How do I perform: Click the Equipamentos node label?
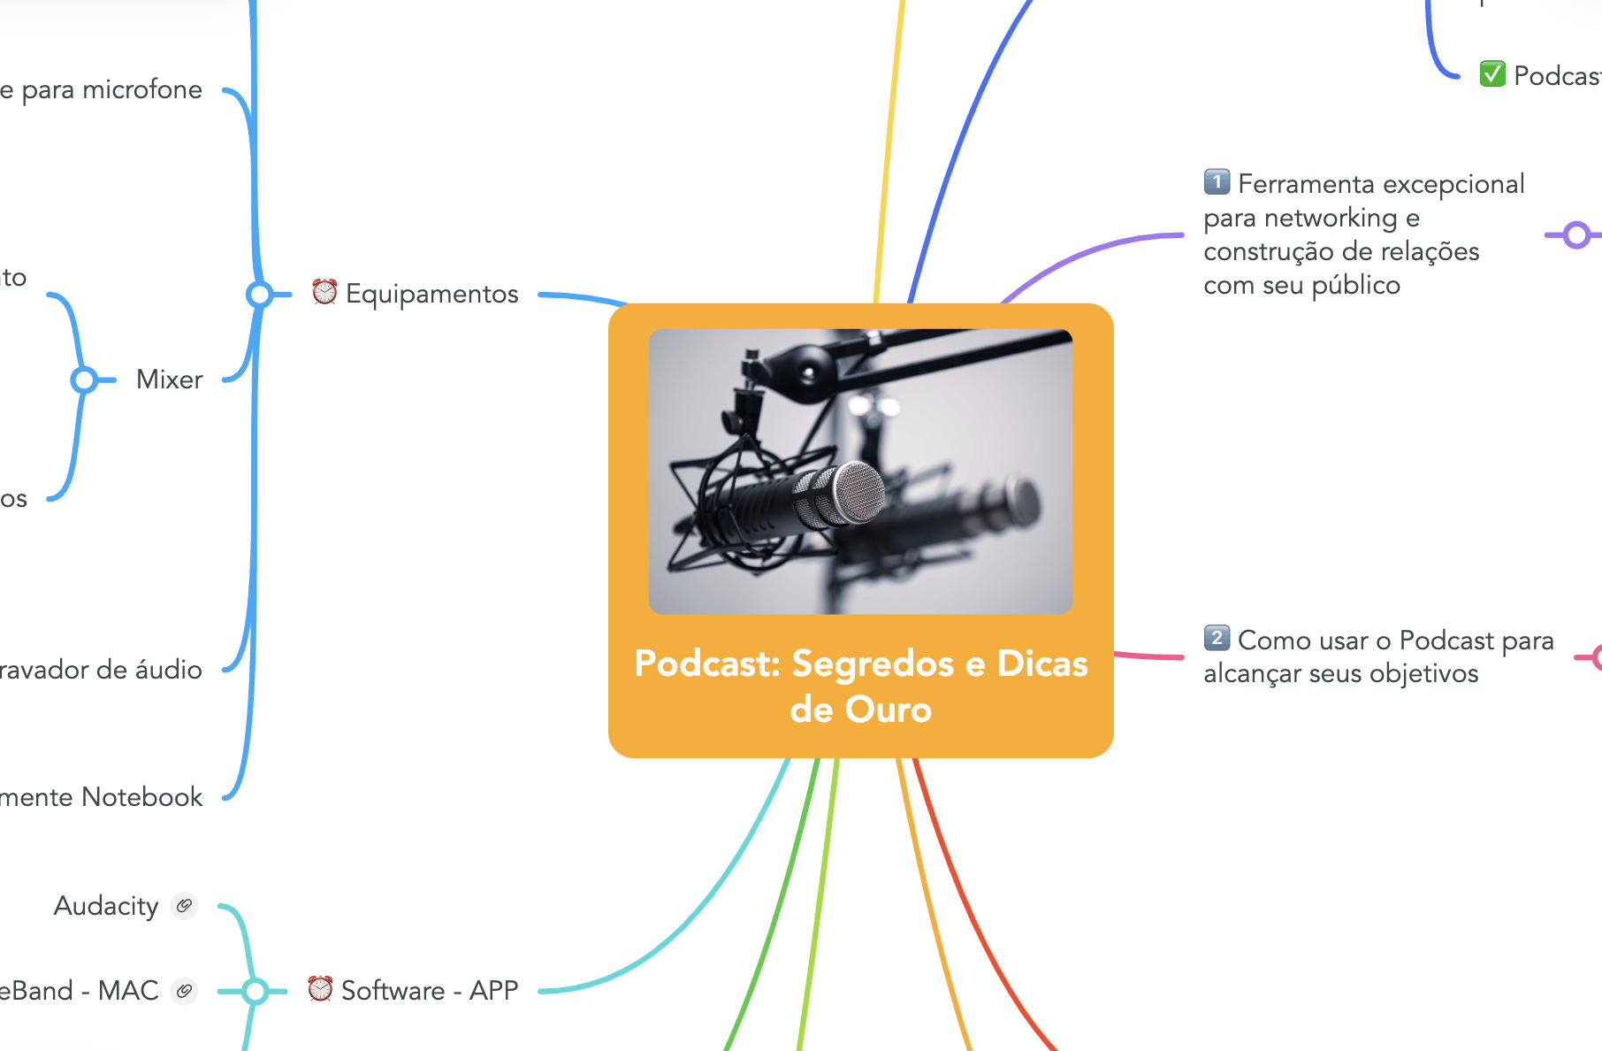tap(431, 294)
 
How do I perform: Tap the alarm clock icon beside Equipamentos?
tap(324, 292)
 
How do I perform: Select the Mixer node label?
tap(169, 380)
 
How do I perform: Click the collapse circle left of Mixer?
tap(84, 380)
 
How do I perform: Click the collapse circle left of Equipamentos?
tap(259, 294)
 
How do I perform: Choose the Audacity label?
tap(106, 906)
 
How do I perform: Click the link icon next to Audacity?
tap(184, 906)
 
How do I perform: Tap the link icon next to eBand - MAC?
tap(184, 991)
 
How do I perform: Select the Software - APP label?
tap(429, 991)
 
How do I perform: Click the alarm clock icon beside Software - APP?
tap(320, 988)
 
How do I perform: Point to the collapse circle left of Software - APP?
tap(256, 991)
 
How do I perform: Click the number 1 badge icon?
tap(1217, 182)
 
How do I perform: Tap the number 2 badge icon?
tap(1217, 638)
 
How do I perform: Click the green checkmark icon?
tap(1492, 74)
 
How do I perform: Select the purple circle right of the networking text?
tap(1575, 235)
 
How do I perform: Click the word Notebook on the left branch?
tap(141, 797)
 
